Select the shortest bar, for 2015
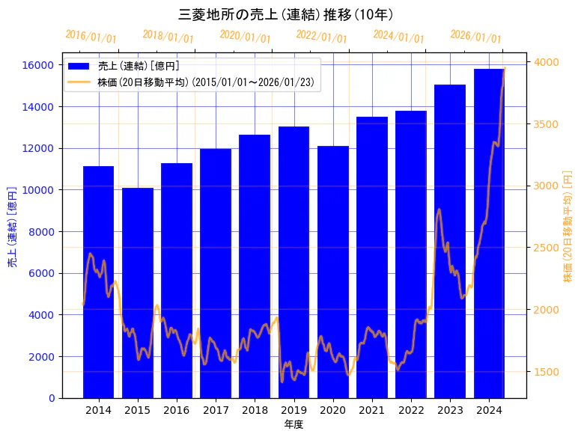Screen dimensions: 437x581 (x=138, y=292)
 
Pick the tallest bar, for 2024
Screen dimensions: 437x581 (x=489, y=233)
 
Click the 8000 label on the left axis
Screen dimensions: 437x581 (x=43, y=232)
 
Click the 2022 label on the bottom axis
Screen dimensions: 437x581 (x=411, y=410)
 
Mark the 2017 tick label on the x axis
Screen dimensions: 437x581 (x=216, y=410)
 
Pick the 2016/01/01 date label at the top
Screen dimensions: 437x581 (x=91, y=36)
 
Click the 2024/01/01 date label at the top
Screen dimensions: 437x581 (x=398, y=36)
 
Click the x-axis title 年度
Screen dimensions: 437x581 (x=293, y=425)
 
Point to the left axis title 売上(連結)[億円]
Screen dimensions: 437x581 (x=12, y=227)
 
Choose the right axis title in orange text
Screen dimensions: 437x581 (x=568, y=227)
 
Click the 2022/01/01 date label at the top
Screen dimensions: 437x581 (x=321, y=36)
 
